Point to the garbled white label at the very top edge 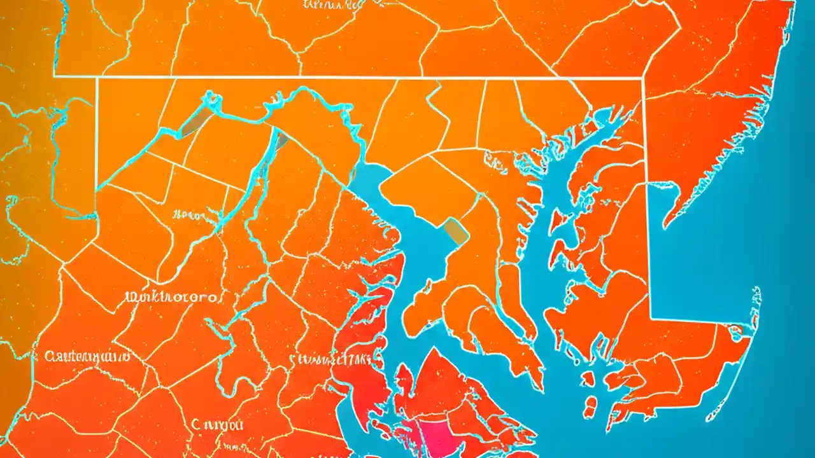(329, 5)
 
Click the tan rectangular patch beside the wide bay (456, 231)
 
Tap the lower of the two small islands (590, 405)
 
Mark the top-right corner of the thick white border (643, 79)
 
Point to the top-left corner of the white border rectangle (97, 78)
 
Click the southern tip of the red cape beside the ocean (666, 223)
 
